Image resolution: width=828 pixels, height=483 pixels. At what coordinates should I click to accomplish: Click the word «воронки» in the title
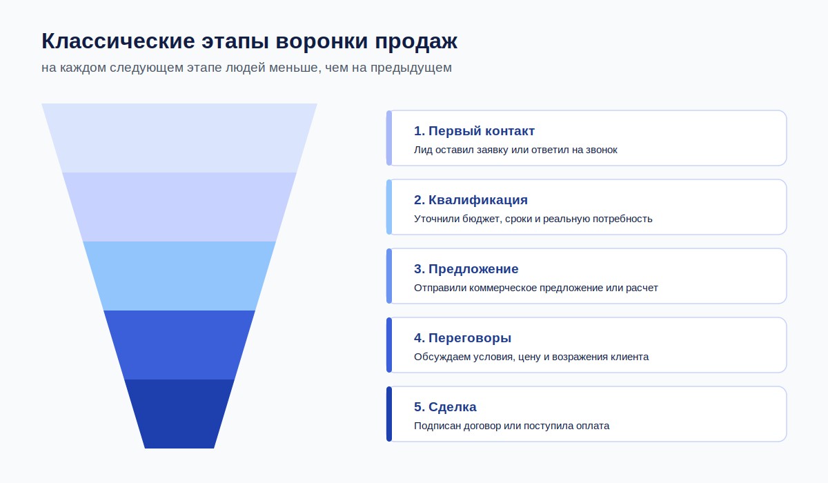click(322, 41)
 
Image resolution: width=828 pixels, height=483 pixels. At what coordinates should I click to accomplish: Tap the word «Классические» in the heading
click(118, 41)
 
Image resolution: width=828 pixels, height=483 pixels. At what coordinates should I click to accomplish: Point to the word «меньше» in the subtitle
click(295, 68)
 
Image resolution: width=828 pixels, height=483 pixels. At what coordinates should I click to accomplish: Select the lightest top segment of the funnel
click(179, 138)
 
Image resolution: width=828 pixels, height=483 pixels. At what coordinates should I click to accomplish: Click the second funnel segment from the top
click(179, 207)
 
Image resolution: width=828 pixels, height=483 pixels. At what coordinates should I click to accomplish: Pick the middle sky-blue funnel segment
click(179, 276)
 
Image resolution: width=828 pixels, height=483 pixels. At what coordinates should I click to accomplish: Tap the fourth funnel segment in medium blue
click(179, 345)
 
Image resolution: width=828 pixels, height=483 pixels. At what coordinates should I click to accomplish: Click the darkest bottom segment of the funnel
click(179, 414)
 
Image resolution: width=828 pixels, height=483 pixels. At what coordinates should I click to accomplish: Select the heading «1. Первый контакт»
click(474, 131)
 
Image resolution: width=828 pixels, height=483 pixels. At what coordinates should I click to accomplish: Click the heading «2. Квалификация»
click(471, 200)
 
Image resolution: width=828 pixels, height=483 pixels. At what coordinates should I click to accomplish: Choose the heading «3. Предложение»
click(466, 269)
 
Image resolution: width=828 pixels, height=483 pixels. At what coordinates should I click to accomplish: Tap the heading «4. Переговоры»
click(462, 338)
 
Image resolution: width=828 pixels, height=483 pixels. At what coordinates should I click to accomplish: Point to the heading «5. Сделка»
click(445, 407)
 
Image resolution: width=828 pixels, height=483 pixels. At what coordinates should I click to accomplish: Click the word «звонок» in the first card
click(602, 150)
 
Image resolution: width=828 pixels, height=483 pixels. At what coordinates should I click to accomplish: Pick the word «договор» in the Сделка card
click(482, 426)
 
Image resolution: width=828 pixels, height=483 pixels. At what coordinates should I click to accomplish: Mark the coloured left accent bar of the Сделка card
click(389, 414)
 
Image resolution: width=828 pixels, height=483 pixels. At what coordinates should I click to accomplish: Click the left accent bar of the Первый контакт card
click(389, 138)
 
